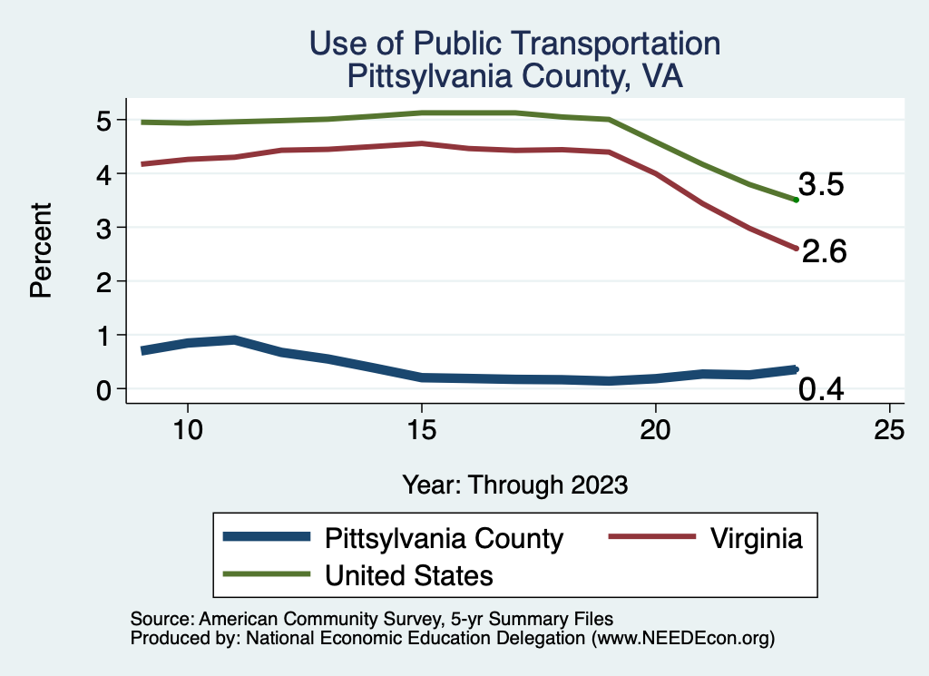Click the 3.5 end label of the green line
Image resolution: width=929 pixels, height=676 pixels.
point(821,185)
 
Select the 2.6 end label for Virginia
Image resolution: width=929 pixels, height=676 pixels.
point(824,251)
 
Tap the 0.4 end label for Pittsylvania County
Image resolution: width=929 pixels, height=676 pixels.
point(821,390)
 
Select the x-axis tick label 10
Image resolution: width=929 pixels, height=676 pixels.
point(187,429)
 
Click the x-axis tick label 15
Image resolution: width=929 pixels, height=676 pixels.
point(421,429)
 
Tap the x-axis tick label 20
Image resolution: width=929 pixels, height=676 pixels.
point(655,429)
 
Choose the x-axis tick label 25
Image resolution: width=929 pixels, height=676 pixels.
point(889,429)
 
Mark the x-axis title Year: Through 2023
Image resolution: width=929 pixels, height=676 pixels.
point(514,485)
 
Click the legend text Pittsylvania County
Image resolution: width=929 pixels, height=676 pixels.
point(444,538)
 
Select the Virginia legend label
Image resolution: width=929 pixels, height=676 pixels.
point(755,538)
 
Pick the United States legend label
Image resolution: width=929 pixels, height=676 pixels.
point(409,574)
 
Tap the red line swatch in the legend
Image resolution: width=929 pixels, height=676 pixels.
point(646,538)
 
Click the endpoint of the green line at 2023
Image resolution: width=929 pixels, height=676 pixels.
point(796,200)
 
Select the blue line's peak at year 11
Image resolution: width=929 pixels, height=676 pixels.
point(234,340)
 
